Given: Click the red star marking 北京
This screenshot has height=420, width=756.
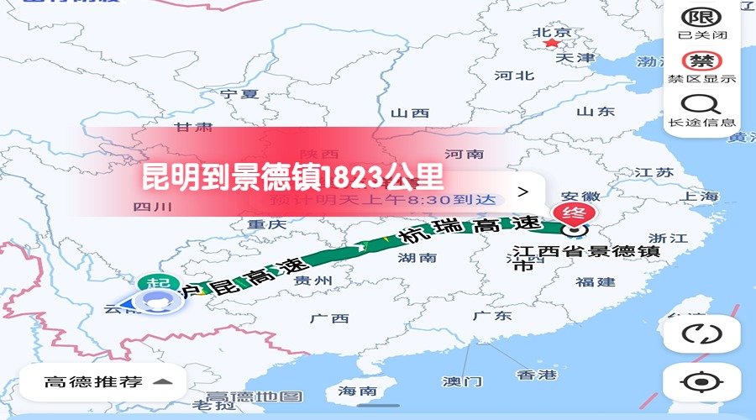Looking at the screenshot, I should point(551,43).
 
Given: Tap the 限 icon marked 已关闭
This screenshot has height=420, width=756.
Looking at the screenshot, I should point(701,18).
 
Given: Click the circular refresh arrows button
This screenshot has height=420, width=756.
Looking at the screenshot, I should point(701,333).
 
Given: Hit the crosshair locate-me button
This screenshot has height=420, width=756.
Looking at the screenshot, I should point(701,382).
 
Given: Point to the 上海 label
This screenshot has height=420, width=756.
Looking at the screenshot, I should point(701,197).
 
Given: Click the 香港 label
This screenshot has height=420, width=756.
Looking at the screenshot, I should point(537,375).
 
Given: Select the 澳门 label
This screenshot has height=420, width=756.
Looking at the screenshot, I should point(462,381).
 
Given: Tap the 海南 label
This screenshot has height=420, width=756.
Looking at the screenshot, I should point(358,391).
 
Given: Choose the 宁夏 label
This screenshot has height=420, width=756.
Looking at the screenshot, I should point(239,94).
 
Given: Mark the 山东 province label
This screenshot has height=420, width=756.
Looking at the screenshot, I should point(596,111).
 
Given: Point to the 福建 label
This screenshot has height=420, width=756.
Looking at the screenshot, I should point(596,281).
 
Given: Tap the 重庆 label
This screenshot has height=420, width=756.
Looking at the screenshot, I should point(267,225).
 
